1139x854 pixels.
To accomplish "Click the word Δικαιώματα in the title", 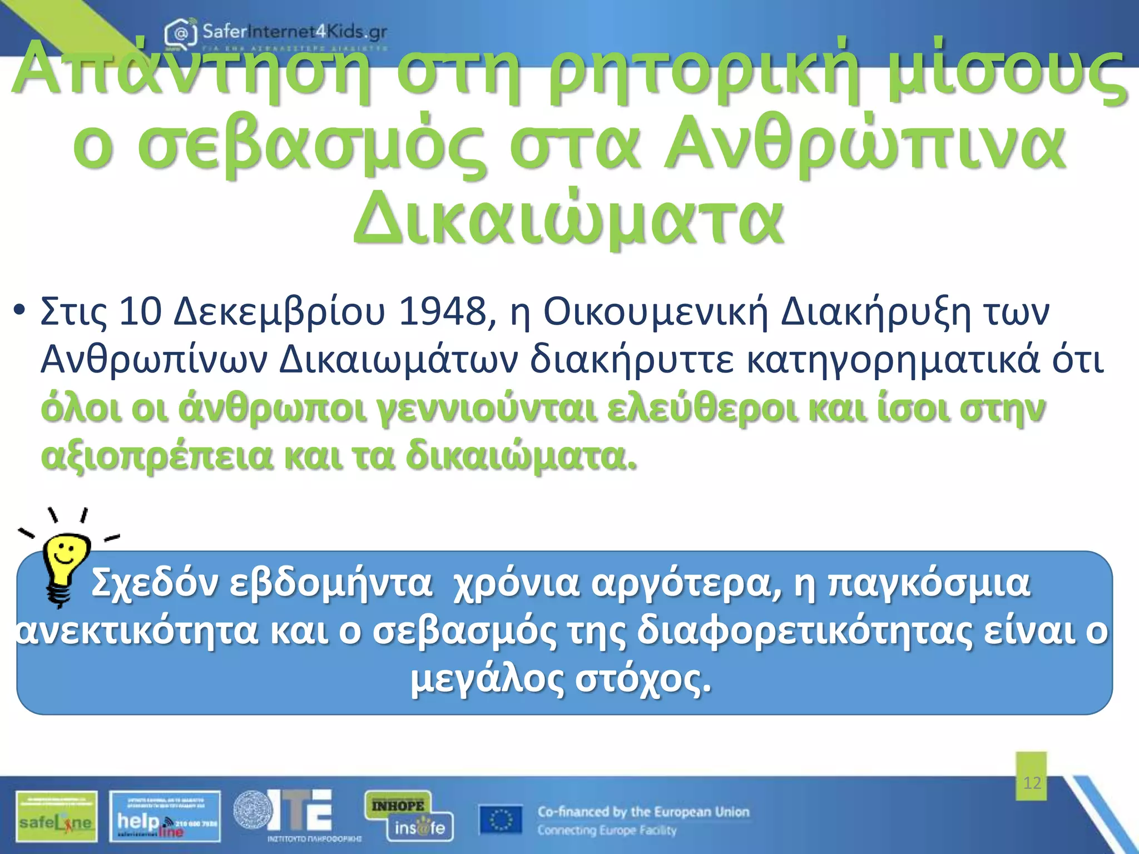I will pos(568,219).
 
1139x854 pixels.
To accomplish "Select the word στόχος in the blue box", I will pos(643,679).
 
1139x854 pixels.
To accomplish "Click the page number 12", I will pos(1032,783).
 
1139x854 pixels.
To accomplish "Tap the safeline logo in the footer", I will pos(56,816).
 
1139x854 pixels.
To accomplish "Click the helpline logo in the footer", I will pos(165,816).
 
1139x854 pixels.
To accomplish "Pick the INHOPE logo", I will pos(398,806).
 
